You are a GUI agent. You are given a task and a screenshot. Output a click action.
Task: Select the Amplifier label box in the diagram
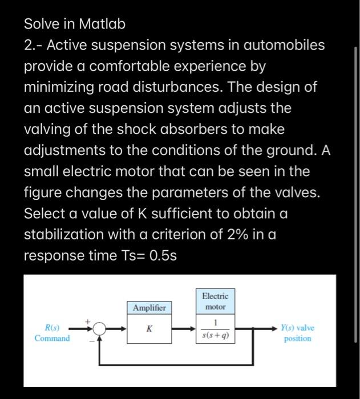(x=149, y=308)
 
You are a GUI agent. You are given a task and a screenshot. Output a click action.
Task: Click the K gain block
(x=149, y=329)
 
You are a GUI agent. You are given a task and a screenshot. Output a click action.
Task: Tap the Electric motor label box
(x=215, y=302)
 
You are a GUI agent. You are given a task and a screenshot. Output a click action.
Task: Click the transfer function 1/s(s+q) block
(x=215, y=329)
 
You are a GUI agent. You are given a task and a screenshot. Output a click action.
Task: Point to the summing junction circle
(x=99, y=329)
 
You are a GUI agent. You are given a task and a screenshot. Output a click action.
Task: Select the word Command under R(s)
(x=52, y=339)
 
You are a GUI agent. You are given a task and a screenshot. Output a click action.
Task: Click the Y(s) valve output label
(x=297, y=328)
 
